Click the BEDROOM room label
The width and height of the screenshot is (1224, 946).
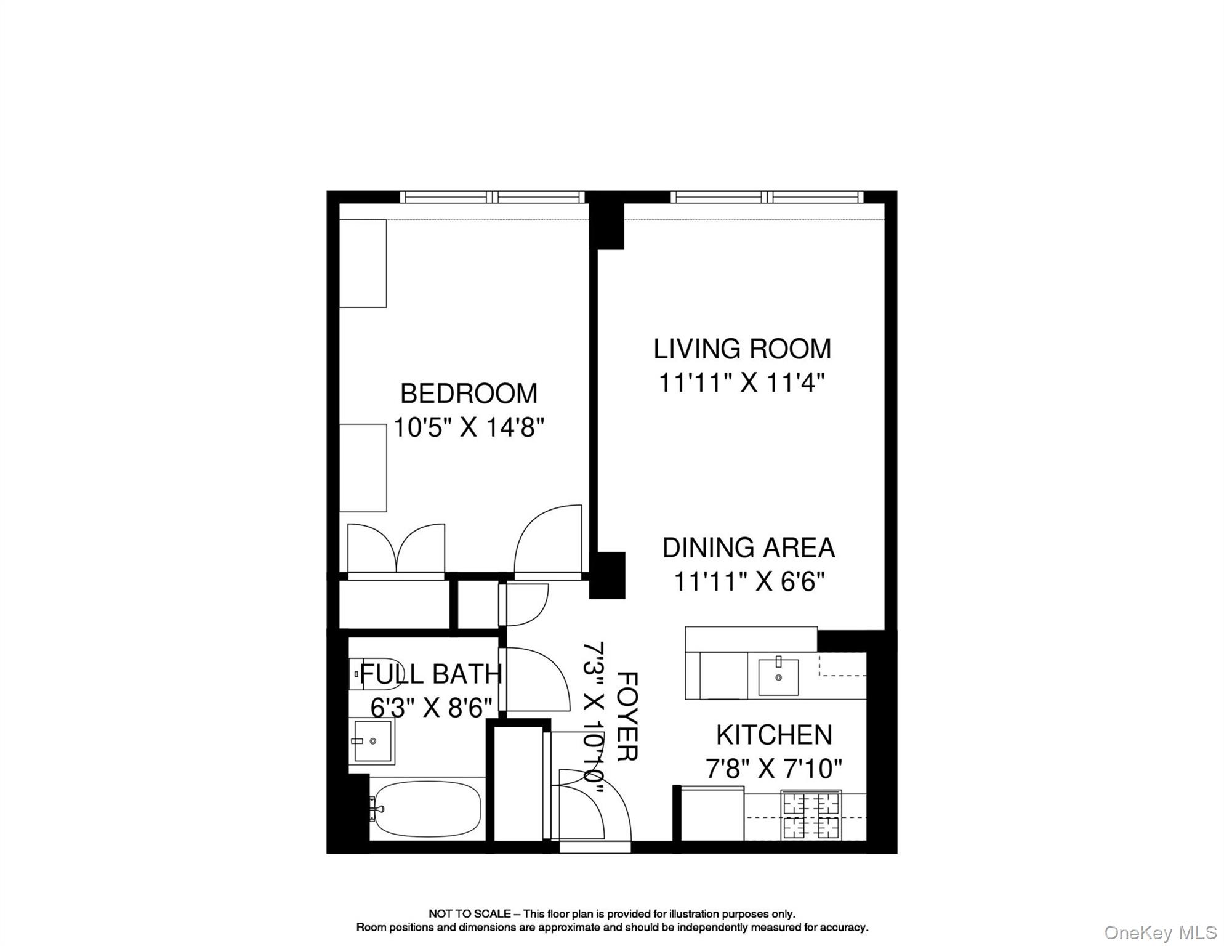tap(469, 394)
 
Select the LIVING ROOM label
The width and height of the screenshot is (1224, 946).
tap(742, 349)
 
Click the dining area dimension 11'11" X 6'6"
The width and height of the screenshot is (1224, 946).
tap(749, 581)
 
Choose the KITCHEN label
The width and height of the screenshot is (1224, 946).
tap(774, 735)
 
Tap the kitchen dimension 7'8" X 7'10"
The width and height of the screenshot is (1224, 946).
tap(774, 769)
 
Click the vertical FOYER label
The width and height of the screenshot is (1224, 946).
tap(626, 716)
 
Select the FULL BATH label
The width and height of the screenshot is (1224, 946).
tap(430, 674)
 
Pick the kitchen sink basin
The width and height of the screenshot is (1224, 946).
tap(778, 677)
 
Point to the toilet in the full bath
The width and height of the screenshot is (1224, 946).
tap(373, 674)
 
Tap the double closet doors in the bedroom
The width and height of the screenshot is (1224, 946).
tap(397, 548)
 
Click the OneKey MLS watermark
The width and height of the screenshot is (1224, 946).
tap(1160, 932)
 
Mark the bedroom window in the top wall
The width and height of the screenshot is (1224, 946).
tap(492, 197)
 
